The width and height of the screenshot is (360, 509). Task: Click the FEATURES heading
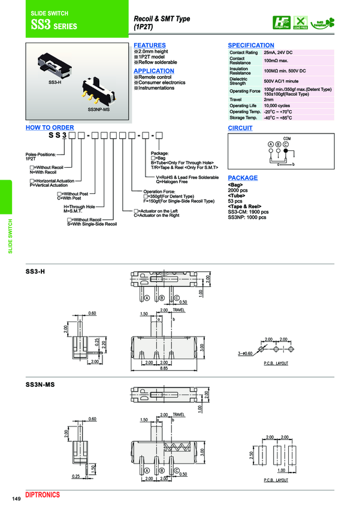tap(149, 46)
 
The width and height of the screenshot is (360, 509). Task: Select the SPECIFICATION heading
tap(251, 46)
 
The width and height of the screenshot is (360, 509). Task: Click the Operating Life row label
tap(243, 105)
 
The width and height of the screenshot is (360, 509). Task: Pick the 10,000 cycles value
tap(278, 105)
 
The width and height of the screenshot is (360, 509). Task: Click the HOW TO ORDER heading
tap(50, 128)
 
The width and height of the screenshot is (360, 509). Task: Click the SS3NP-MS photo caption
tap(98, 110)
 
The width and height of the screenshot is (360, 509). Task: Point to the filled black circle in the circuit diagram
tap(286, 144)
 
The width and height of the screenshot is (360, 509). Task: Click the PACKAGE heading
tap(243, 178)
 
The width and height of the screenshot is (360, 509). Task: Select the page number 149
tap(16, 498)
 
